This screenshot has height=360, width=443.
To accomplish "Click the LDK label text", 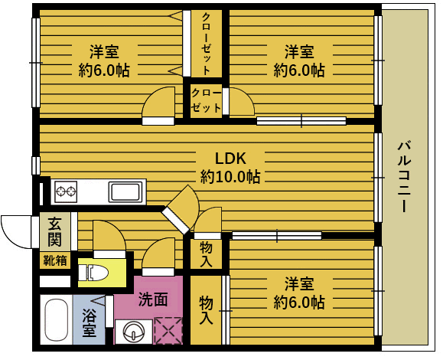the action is click(230, 159).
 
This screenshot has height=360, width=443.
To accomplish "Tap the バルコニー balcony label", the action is click(404, 176).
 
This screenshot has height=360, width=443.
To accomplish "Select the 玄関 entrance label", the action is click(54, 232).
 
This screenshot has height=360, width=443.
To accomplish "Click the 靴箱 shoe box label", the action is click(55, 260).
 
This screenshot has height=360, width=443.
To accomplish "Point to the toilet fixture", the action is click(93, 273).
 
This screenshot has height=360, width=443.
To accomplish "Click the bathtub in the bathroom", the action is click(56, 319).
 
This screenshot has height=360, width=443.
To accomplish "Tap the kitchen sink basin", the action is click(125, 192).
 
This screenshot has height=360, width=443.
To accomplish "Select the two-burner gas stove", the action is click(66, 191).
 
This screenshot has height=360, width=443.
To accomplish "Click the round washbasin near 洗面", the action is click(134, 332).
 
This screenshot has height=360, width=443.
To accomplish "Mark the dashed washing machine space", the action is click(168, 331).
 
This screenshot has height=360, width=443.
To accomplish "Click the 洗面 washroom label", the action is click(153, 299).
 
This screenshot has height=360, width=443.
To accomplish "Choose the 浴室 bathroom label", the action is click(89, 322).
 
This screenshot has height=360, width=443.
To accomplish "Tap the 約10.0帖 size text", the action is click(230, 177).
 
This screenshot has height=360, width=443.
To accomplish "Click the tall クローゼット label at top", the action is click(206, 44).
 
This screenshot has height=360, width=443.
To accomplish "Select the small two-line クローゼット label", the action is click(206, 100).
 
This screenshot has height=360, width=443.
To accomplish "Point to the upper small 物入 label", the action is click(206, 254).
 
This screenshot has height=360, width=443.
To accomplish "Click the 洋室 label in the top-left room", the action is click(104, 51).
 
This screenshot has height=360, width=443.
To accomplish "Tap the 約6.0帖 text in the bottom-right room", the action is click(299, 302).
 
